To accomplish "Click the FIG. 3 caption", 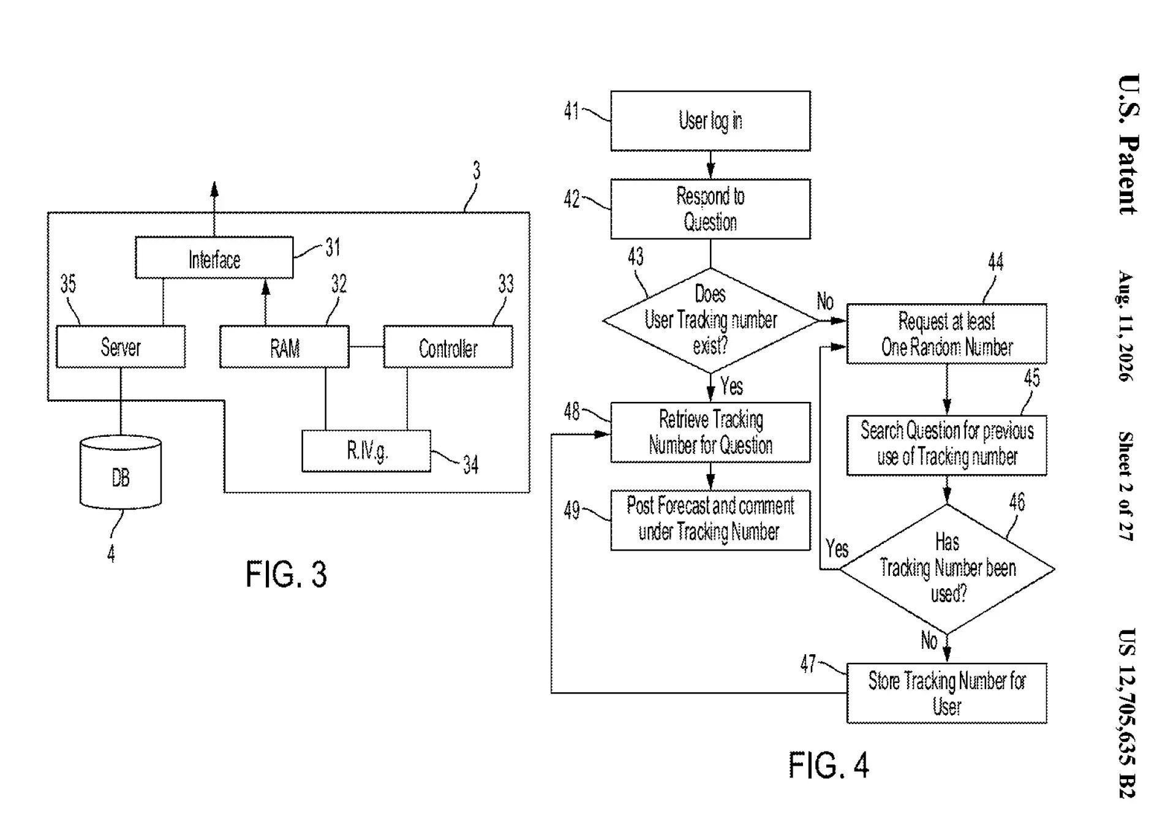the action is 286,575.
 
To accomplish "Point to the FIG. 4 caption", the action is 828,765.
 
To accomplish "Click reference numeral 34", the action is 470,465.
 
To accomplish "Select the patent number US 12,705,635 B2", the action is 1127,714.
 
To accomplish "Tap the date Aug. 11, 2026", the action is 1126,326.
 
